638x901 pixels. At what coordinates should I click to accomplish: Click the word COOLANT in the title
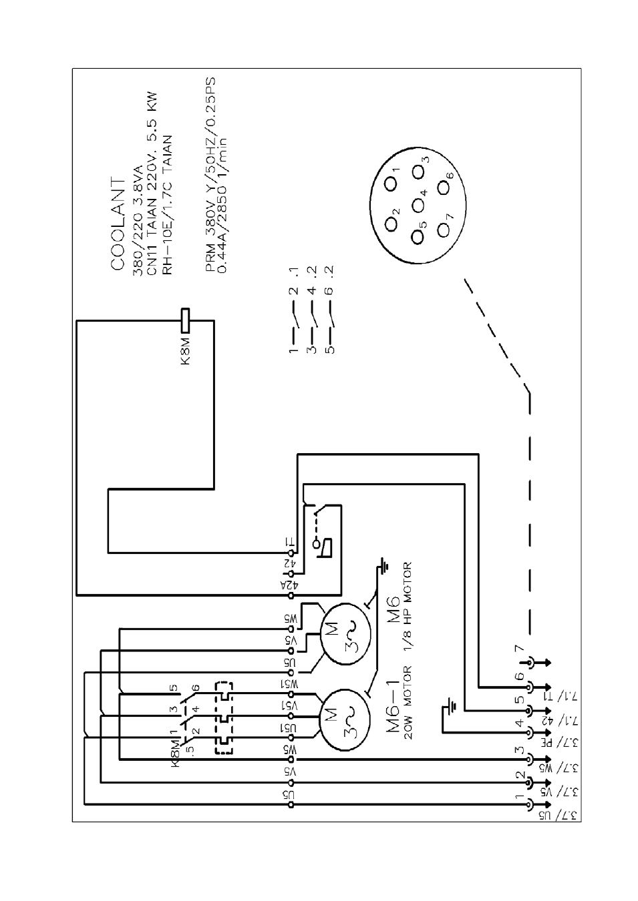[118, 224]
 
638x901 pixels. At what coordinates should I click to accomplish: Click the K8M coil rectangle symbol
[185, 320]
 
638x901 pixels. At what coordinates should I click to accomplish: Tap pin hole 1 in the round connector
[390, 184]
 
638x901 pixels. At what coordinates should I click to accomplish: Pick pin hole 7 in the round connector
[444, 230]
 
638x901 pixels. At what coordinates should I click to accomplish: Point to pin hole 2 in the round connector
[390, 224]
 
